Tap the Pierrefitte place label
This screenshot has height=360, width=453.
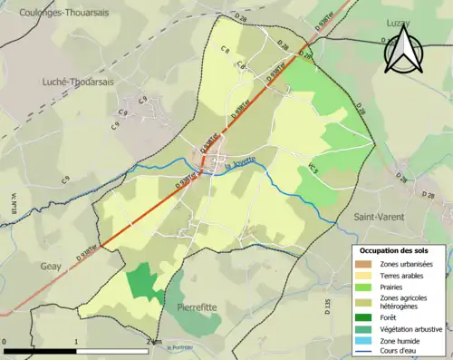(x=198, y=307)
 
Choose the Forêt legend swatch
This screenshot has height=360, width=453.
(x=366, y=316)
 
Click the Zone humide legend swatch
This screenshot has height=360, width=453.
(x=366, y=340)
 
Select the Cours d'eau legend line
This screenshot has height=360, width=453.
(x=366, y=351)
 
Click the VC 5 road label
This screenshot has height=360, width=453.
(x=314, y=169)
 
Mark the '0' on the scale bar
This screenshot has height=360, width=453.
(x=5, y=341)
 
